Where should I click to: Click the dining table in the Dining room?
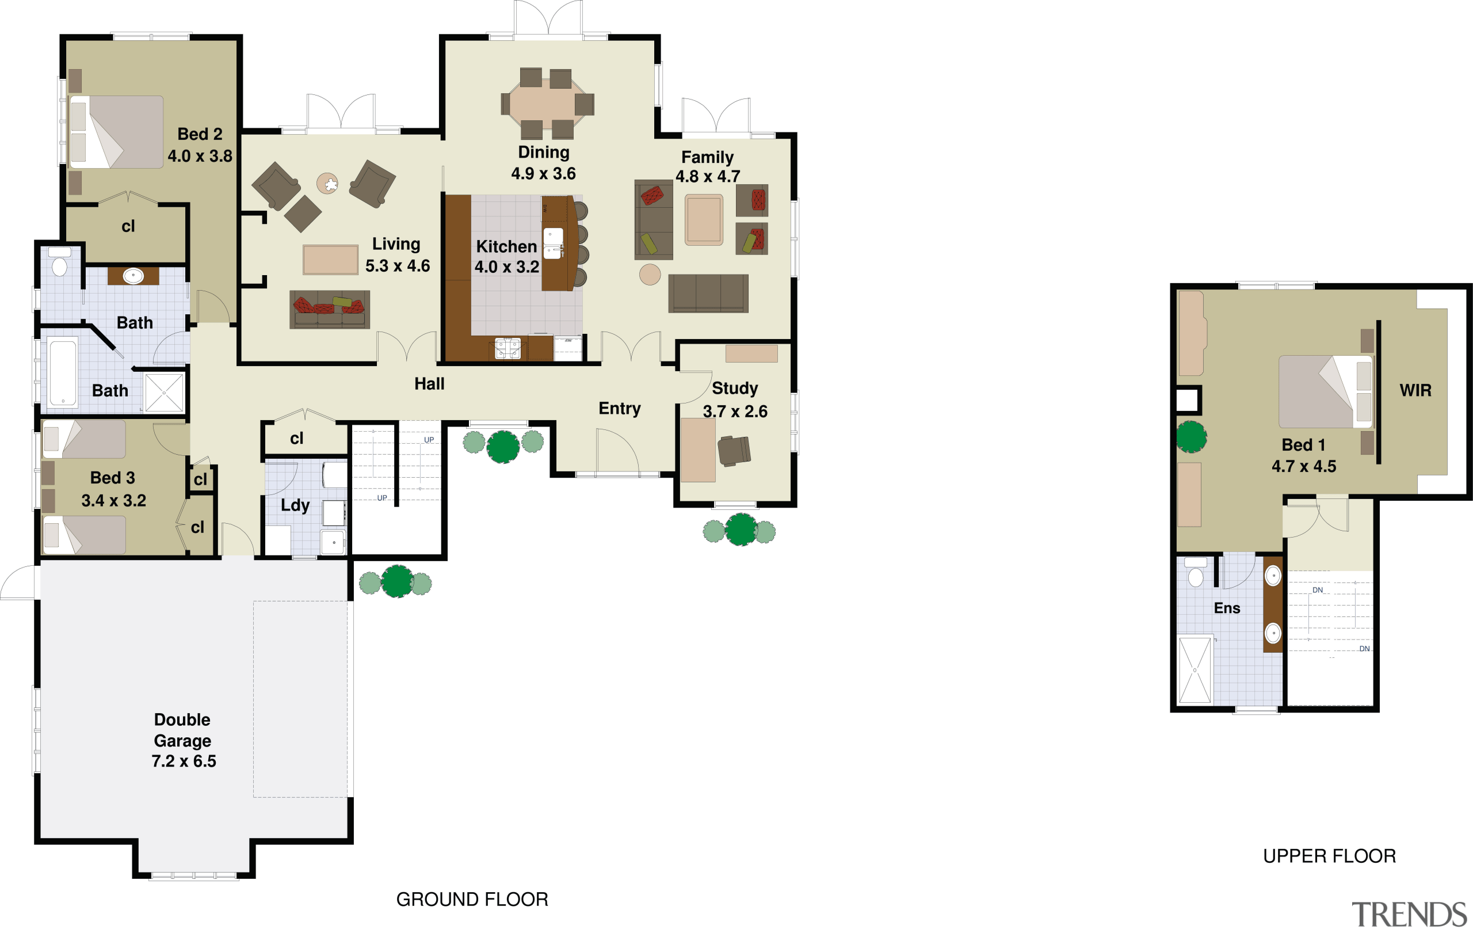click(546, 104)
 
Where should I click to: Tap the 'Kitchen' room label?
click(506, 246)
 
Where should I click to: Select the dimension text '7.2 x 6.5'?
click(184, 761)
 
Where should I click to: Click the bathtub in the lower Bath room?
click(62, 372)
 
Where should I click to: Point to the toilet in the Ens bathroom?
click(1195, 576)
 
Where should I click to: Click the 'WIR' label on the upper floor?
click(1415, 390)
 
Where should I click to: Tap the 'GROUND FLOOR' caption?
click(472, 900)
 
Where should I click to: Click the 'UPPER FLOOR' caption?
click(1329, 856)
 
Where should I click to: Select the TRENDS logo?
click(1409, 915)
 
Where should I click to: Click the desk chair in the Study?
click(734, 451)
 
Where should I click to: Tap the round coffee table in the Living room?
click(327, 184)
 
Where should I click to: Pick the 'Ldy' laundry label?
click(295, 505)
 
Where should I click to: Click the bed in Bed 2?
click(117, 132)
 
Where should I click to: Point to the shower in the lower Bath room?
click(164, 393)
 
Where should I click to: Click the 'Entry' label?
click(619, 409)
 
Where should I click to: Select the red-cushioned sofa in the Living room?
click(329, 310)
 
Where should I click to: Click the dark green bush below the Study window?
click(741, 530)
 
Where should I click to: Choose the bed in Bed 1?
click(1325, 391)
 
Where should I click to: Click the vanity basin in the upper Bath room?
click(133, 276)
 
